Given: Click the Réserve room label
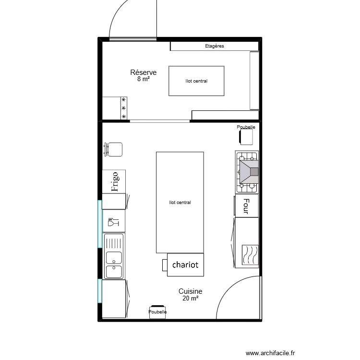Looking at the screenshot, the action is tap(143, 72).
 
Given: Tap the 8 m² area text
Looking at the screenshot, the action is tap(144, 79).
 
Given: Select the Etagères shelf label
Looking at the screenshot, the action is tap(215, 46).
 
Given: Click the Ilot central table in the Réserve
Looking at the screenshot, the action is tap(196, 81).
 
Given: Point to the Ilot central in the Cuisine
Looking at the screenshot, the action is tap(180, 202).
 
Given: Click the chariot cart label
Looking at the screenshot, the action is tap(185, 264).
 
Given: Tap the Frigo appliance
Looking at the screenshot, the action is tap(114, 181).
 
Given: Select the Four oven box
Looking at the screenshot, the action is tap(247, 206).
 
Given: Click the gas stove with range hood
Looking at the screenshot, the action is tap(247, 172).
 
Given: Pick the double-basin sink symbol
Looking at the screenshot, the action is tap(114, 256).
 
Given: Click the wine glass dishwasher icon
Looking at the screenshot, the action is tap(113, 222).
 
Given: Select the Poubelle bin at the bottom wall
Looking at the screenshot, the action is tap(157, 312).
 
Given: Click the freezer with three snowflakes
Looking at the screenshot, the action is tap(115, 108).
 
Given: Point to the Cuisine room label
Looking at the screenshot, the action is tap(191, 291).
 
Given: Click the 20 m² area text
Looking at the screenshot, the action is tap(191, 298).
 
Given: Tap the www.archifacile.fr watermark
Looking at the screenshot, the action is tap(270, 353).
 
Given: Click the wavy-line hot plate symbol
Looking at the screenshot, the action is tap(250, 255).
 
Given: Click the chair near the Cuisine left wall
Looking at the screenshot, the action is tap(113, 149).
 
